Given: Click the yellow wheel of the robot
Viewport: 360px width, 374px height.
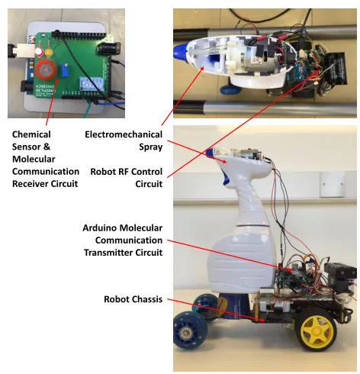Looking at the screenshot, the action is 316,331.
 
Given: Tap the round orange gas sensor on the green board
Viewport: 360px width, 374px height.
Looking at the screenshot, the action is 45,70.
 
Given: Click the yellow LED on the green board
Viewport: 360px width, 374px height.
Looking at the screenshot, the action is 49,53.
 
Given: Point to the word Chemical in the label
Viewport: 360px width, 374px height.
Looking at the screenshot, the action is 31,134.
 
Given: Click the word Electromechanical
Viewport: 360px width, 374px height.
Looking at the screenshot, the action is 124,134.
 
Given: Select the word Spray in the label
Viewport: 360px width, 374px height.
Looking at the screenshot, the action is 150,147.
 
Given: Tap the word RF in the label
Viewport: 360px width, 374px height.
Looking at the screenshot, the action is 126,172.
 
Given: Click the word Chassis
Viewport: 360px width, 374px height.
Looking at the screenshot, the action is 147,299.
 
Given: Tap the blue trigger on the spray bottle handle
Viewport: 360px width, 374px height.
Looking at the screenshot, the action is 226,177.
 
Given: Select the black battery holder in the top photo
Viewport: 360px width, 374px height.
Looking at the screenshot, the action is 336,69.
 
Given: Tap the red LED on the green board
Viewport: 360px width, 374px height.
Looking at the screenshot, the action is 39,52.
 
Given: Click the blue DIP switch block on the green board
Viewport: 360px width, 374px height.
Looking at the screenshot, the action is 92,84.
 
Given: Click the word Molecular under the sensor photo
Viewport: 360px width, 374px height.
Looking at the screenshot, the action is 34,159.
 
